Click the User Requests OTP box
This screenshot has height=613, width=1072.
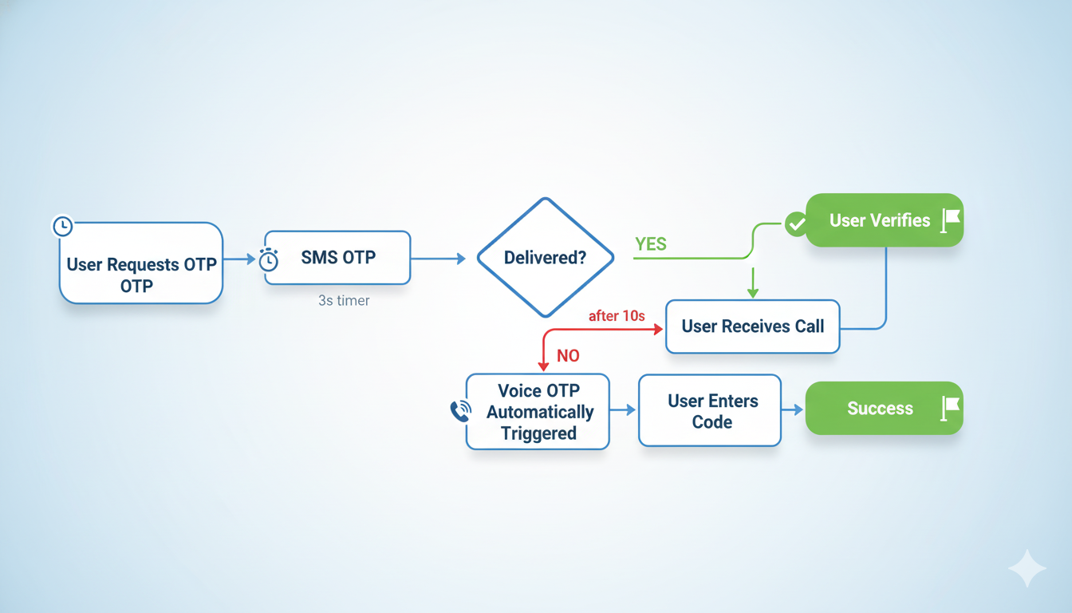[141, 263]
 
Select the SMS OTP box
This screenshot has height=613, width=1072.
[338, 258]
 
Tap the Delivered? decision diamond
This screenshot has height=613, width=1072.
[546, 258]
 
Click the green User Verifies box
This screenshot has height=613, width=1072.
[885, 220]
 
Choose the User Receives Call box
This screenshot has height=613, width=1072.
[752, 326]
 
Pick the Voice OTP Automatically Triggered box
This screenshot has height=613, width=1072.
[538, 412]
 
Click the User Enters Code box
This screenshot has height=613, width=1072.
[710, 410]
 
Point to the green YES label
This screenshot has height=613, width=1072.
[650, 244]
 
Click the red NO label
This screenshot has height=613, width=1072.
[568, 356]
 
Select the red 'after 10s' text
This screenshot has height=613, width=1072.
[617, 316]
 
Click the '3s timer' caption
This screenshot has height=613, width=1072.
[344, 301]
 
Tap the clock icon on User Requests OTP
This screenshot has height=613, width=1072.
[62, 227]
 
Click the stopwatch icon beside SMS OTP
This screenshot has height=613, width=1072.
[269, 259]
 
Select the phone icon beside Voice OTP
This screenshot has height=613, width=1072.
[460, 411]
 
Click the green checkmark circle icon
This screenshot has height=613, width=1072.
[795, 224]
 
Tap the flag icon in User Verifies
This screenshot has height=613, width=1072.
[950, 220]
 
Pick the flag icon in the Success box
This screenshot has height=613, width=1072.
[950, 408]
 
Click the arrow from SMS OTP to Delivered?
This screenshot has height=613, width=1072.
[438, 259]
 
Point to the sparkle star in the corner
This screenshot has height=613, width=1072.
[1027, 568]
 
